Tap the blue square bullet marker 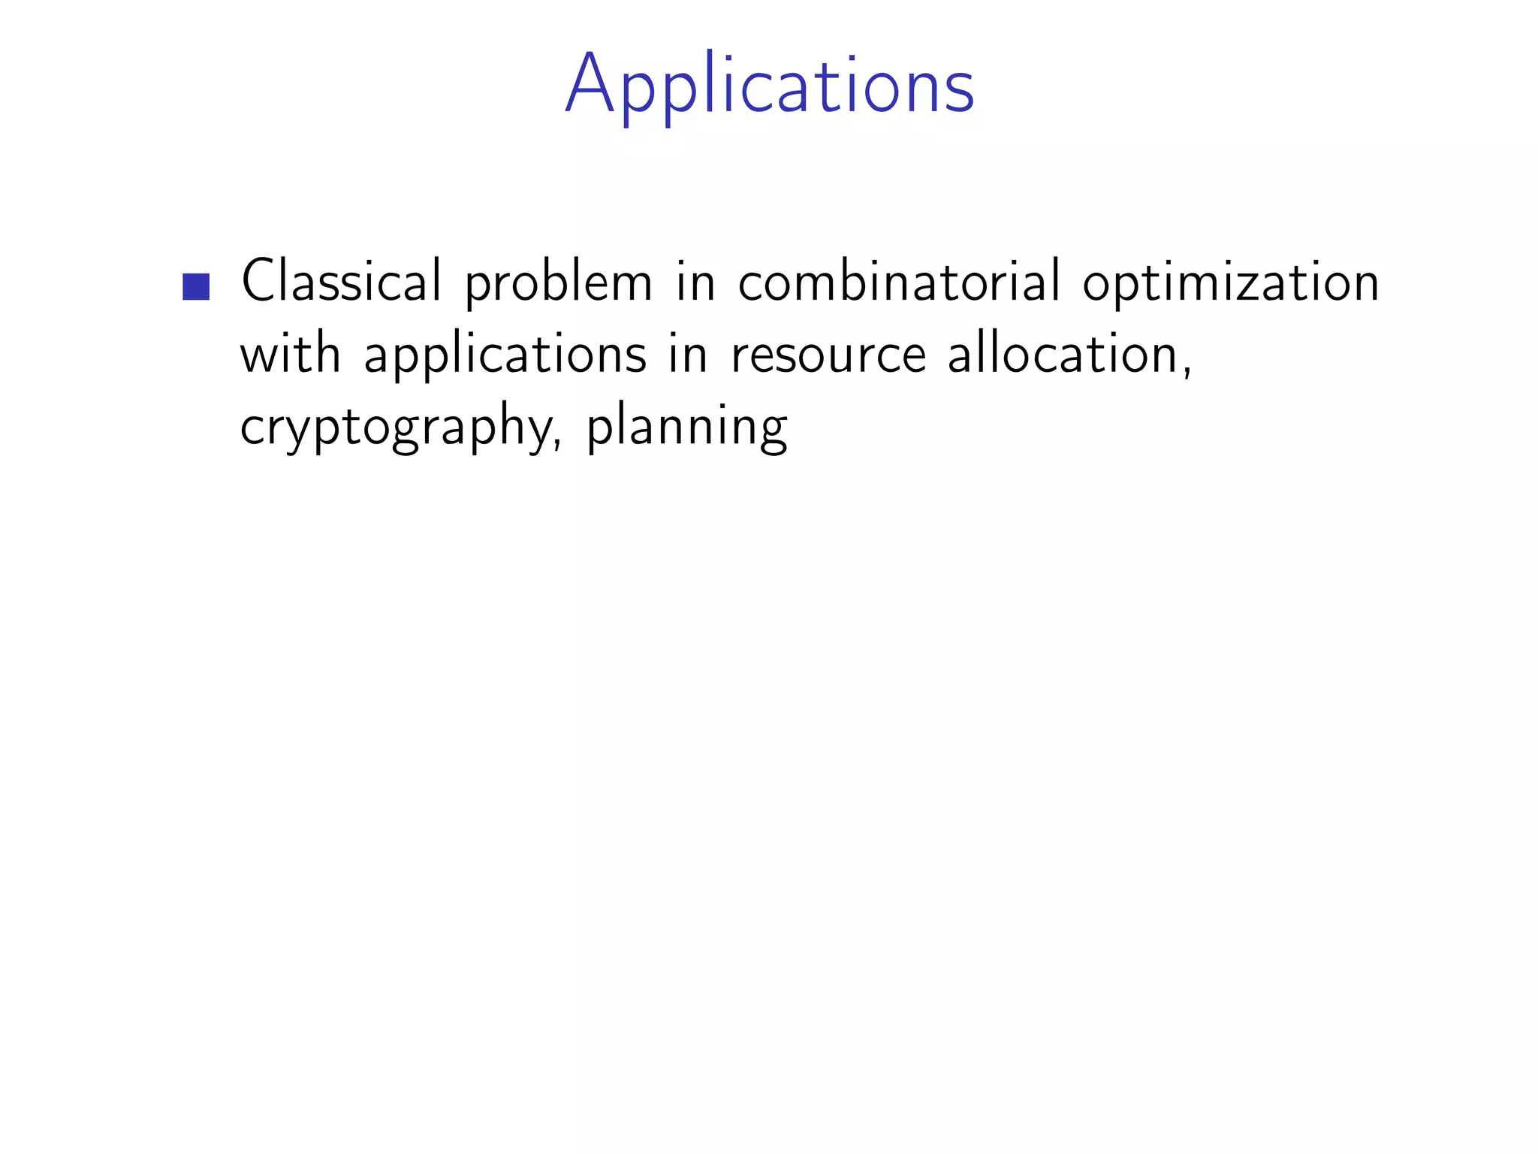pos(196,286)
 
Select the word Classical pos(341,281)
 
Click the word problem pos(559,284)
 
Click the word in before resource pos(688,355)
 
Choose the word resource pos(828,356)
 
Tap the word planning pos(686,427)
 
